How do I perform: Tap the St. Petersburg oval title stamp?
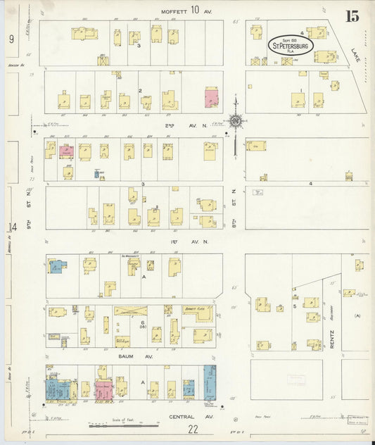coord(290,46)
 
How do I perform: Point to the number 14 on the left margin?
coord(11,227)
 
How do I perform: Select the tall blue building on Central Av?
coord(210,382)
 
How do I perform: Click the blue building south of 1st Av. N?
coord(57,267)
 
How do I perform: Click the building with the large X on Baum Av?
coord(131,311)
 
